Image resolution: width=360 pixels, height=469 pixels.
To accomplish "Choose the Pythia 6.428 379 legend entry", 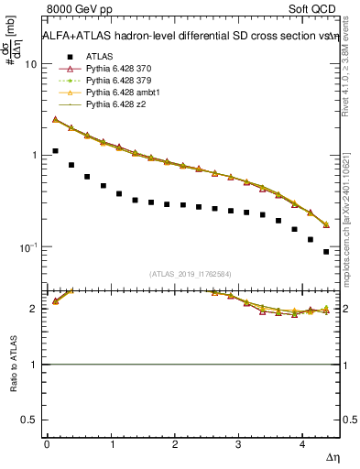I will tap(117, 82).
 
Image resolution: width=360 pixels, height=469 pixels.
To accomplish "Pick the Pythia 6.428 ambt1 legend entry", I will tap(120, 93).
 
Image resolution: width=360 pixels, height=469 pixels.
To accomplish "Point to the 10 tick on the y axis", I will tap(31, 65).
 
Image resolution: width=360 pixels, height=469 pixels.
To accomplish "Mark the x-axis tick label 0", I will tap(47, 443).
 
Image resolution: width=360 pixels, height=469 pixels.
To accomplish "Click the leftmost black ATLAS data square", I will tap(55, 150).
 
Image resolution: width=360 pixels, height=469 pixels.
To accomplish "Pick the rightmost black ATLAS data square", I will tap(326, 251).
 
